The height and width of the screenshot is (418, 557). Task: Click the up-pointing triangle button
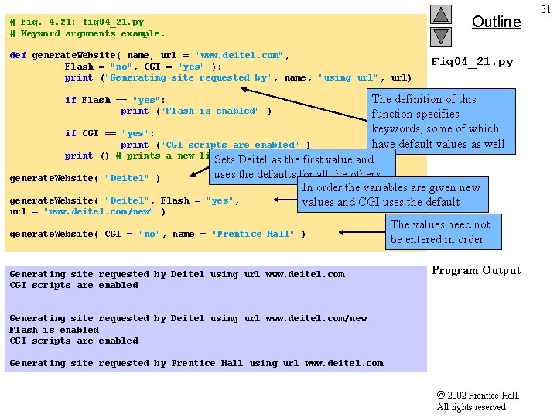pos(441,15)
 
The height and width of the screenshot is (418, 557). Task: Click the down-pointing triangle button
pos(441,36)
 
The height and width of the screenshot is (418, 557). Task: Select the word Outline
pos(496,22)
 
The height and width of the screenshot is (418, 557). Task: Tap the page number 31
pos(546,9)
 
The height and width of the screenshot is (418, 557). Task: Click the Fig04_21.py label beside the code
pos(472,62)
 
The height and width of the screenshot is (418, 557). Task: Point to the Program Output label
pos(476,270)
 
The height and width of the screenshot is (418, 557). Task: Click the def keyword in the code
pos(18,56)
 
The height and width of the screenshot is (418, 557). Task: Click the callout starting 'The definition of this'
pos(438,122)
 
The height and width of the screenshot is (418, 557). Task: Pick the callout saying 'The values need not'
pos(440,231)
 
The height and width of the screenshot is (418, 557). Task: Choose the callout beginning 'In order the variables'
pos(392,195)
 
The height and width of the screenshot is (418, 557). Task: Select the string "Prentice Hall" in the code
pos(252,234)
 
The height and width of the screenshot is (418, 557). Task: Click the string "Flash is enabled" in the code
pos(209,111)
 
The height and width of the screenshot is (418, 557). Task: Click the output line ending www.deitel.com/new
pos(188,318)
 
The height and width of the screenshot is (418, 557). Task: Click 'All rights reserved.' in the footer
pos(472,407)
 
